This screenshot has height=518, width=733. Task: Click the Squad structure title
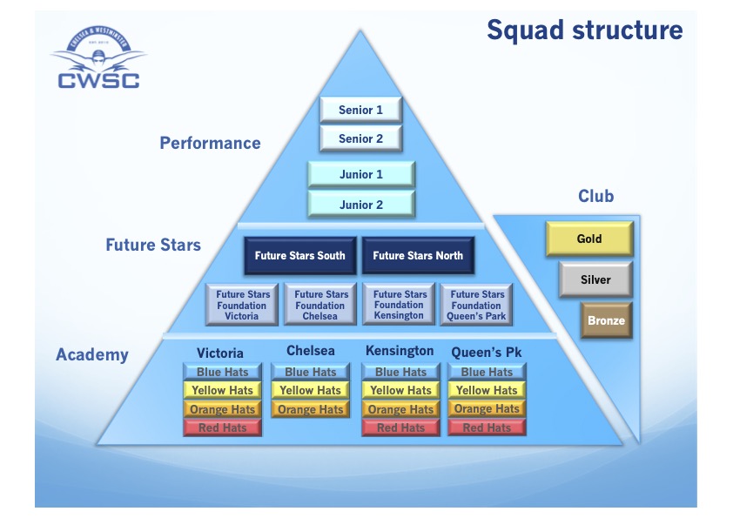click(584, 30)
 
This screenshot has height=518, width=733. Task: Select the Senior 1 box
click(360, 110)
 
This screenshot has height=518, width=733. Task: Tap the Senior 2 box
click(360, 138)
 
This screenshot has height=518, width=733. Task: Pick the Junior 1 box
click(360, 174)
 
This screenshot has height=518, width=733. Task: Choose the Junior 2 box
click(360, 205)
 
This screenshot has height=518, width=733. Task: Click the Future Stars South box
click(299, 256)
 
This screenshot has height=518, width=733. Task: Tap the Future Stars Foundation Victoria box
click(242, 305)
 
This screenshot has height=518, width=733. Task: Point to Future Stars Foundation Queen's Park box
click(476, 305)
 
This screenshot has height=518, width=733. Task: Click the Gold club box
click(589, 239)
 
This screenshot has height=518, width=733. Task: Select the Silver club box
click(595, 280)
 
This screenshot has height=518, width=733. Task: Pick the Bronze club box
click(606, 320)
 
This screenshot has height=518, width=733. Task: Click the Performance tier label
click(210, 143)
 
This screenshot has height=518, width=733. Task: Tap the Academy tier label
click(91, 354)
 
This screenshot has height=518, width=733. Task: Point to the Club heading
click(595, 196)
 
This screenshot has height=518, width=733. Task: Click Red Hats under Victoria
click(222, 427)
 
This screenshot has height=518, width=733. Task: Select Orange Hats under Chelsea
click(310, 409)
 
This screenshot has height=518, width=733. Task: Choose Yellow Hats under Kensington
click(400, 390)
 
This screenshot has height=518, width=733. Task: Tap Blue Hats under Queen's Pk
click(487, 372)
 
